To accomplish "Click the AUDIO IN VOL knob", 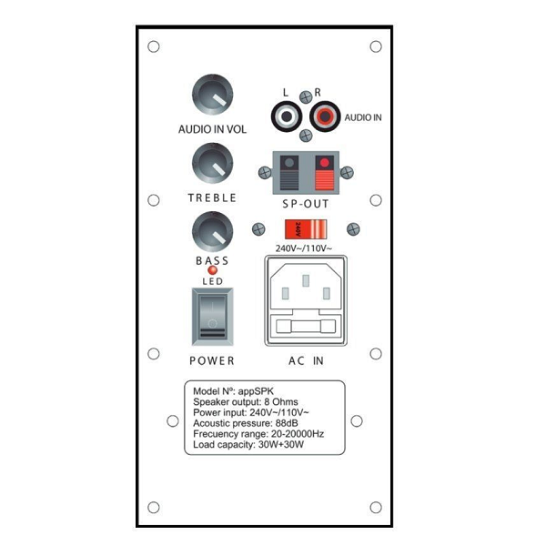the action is pyautogui.click(x=212, y=95).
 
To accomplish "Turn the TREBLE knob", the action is pyautogui.click(x=212, y=163).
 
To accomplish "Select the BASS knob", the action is pyautogui.click(x=212, y=231).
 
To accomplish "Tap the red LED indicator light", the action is pyautogui.click(x=212, y=270).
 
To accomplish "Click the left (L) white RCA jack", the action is pyautogui.click(x=287, y=116).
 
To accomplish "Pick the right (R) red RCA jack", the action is pyautogui.click(x=325, y=116).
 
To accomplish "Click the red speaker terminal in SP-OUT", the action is pyautogui.click(x=325, y=172).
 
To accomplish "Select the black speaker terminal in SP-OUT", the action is pyautogui.click(x=289, y=172).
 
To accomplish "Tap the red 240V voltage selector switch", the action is pyautogui.click(x=306, y=229).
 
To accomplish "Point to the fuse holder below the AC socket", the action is pyautogui.click(x=306, y=327).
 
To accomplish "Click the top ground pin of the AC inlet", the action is pyautogui.click(x=306, y=280).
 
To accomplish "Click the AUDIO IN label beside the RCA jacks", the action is pyautogui.click(x=363, y=117).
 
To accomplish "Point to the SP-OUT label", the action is pyautogui.click(x=306, y=204).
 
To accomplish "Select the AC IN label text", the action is pyautogui.click(x=306, y=360).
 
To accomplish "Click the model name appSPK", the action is pyautogui.click(x=256, y=391).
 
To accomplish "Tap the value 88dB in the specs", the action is pyautogui.click(x=287, y=423).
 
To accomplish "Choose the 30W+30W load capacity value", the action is pyautogui.click(x=281, y=445).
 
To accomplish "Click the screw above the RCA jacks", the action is pyautogui.click(x=306, y=97).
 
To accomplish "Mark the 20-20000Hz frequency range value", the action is pyautogui.click(x=298, y=434).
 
